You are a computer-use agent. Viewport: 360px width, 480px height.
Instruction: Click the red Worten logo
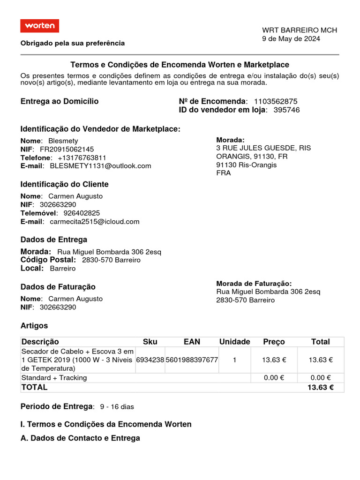(40, 26)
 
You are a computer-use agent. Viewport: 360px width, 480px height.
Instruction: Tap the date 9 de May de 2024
(291, 39)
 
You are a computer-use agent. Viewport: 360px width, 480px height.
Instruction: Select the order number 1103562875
(276, 102)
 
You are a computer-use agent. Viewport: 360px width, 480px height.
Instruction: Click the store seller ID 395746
(286, 110)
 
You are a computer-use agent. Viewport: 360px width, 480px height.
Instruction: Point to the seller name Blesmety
(63, 141)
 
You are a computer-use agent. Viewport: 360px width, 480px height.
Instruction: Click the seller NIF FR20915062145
(67, 149)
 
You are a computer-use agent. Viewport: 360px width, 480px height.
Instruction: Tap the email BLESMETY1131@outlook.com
(100, 166)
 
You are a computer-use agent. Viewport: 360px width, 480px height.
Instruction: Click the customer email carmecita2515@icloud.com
(94, 222)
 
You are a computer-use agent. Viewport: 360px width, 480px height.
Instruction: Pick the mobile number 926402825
(81, 213)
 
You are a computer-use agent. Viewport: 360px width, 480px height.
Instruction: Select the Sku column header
(150, 342)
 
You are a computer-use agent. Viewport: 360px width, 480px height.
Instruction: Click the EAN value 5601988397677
(192, 360)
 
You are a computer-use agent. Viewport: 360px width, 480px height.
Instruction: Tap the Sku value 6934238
(150, 360)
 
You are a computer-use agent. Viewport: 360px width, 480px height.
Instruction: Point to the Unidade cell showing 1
(234, 360)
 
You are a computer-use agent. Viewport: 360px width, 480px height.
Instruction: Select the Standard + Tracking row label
(54, 378)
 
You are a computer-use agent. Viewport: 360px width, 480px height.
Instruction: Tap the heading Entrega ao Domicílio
(60, 102)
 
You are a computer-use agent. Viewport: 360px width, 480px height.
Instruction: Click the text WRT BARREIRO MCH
(299, 30)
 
